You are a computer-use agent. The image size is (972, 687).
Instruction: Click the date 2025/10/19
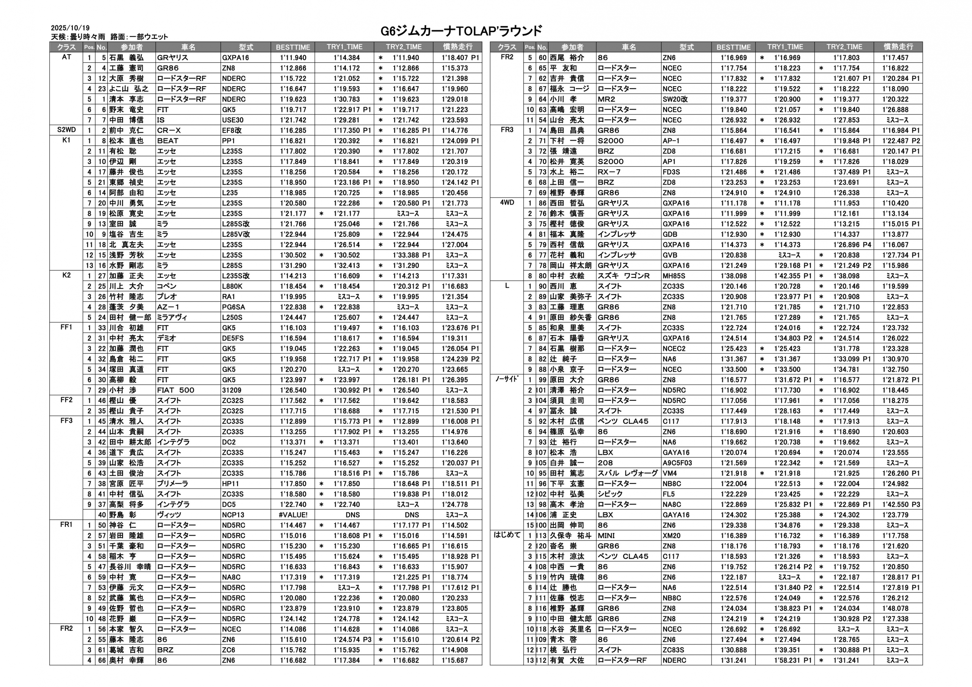coord(70,28)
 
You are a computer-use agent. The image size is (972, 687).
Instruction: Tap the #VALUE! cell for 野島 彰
coord(293,515)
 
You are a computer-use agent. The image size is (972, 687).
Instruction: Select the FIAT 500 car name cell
coord(176,390)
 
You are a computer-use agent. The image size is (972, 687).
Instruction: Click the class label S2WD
coord(66,130)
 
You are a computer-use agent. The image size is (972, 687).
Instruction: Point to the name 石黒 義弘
coord(126,58)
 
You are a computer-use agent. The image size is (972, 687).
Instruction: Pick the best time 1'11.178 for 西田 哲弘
coord(734,203)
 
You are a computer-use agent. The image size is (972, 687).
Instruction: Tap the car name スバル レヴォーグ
coord(628,473)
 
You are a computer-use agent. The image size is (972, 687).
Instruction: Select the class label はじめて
coord(507,535)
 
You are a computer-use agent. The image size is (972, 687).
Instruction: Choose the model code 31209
coord(231,390)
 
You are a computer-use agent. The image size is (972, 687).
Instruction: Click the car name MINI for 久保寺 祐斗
coord(606,536)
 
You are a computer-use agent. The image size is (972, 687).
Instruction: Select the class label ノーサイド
coord(507,379)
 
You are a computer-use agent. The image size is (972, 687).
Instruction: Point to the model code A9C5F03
coord(677,463)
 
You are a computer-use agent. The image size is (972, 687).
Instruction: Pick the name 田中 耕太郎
coord(130,442)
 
